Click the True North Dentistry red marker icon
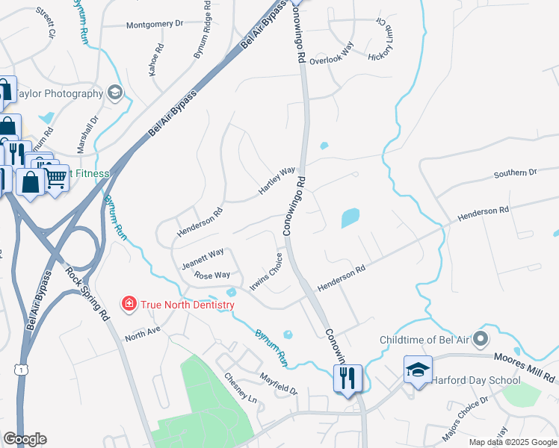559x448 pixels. tap(129, 304)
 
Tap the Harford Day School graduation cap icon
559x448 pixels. tap(418, 370)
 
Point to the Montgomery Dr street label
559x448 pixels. tap(155, 24)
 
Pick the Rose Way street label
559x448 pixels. tap(212, 276)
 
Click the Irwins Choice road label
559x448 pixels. tap(271, 274)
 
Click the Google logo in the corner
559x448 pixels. tap(25, 438)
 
